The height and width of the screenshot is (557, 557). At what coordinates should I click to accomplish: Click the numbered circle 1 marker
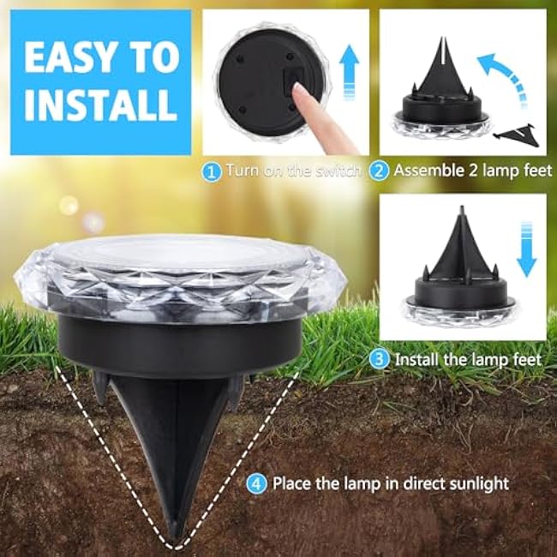click(x=211, y=171)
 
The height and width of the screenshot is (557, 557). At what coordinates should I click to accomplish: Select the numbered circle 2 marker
click(x=379, y=171)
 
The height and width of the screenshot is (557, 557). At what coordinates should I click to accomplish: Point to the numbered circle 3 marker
click(x=379, y=360)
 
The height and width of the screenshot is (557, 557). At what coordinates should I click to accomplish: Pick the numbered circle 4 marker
click(x=256, y=484)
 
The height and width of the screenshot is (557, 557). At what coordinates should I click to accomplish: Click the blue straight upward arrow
click(x=349, y=72)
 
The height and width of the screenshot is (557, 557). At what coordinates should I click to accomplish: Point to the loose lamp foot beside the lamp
click(x=516, y=133)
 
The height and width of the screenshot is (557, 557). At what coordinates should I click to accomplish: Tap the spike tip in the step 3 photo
click(x=459, y=208)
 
